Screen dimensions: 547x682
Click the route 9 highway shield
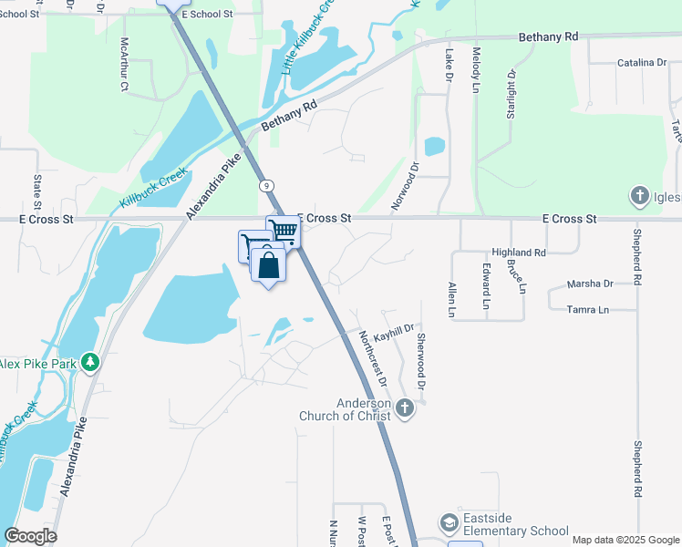(x=264, y=186)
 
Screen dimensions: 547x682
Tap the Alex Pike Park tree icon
(x=89, y=363)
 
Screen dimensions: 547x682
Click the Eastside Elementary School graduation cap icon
(x=449, y=523)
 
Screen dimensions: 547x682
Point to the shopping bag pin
(x=268, y=266)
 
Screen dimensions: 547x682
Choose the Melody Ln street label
(x=475, y=71)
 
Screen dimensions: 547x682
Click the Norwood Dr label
(x=405, y=186)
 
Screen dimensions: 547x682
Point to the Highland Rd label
(x=518, y=252)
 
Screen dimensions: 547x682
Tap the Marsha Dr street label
(x=590, y=284)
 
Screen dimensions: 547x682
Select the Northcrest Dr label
(x=372, y=358)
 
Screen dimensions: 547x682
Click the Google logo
(x=30, y=536)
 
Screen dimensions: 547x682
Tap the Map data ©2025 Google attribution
(x=625, y=540)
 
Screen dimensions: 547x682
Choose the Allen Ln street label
(x=451, y=300)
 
